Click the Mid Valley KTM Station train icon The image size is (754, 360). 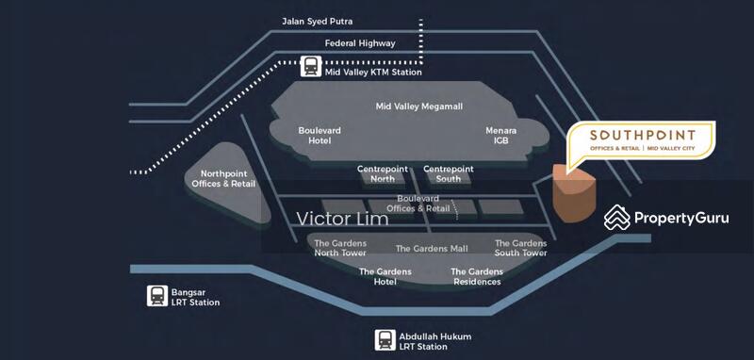[311, 66]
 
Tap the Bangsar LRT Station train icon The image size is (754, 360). [157, 296]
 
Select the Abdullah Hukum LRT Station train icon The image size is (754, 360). [385, 340]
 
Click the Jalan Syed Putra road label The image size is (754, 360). [323, 21]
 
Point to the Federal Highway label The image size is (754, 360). [360, 43]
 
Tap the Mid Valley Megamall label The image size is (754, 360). [419, 106]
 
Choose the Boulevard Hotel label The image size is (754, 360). [320, 135]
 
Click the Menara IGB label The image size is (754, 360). [500, 135]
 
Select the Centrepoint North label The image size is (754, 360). [383, 174]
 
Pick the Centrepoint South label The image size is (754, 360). [449, 174]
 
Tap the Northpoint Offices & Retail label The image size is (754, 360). [223, 178]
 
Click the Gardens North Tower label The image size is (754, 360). [339, 248]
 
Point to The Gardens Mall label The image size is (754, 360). [432, 249]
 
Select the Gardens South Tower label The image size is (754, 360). [520, 248]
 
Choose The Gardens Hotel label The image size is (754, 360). [385, 277]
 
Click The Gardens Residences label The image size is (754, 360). [477, 277]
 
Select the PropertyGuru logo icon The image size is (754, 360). [616, 218]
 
